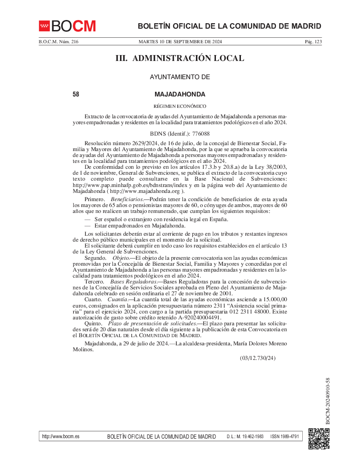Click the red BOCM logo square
coord(45,26)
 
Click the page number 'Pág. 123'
coord(313,42)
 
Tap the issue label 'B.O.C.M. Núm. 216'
coord(59,42)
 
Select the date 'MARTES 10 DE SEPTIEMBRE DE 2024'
coord(180,42)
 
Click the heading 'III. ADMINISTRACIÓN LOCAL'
coord(180,58)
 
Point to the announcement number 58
coord(76,95)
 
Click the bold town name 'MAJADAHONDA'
coord(180,95)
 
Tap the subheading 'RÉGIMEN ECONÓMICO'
coord(180,106)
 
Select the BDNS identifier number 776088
coord(200,134)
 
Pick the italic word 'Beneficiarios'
coord(127,200)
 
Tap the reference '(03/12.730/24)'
coord(258,358)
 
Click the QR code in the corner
coord(319,439)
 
